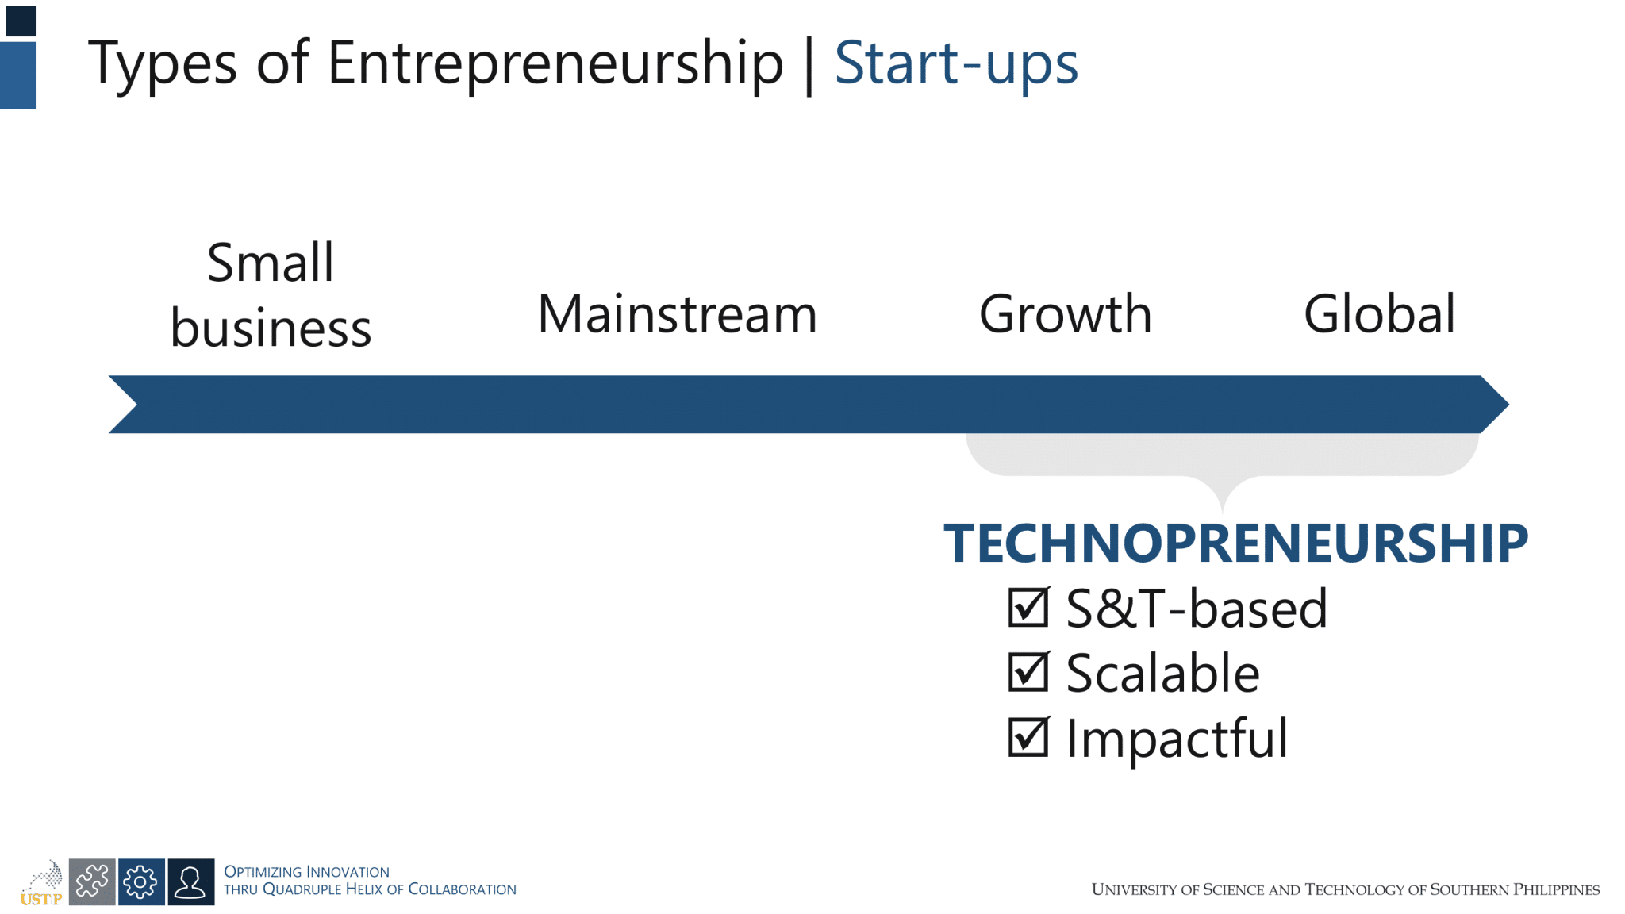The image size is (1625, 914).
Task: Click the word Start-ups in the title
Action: (955, 63)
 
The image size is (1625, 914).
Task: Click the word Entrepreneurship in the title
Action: (555, 63)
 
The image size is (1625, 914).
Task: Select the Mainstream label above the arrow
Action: (677, 314)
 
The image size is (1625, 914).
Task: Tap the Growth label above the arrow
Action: (1065, 314)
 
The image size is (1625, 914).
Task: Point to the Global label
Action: (1379, 314)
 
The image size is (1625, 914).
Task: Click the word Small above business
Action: (271, 263)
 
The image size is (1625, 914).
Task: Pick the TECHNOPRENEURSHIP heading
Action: (1235, 544)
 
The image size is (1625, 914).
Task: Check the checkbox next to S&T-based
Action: (1028, 608)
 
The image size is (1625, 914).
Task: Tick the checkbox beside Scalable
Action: (1028, 673)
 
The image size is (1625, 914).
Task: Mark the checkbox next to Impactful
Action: (1028, 738)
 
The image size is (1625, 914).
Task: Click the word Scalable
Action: (1162, 674)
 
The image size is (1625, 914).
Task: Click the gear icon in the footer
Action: (141, 881)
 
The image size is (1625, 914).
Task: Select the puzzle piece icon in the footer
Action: (92, 881)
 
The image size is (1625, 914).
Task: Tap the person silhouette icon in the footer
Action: (190, 881)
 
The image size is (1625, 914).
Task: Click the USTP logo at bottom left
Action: (42, 883)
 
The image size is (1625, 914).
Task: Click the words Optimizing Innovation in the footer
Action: (306, 871)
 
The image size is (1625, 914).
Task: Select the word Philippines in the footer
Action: (1556, 889)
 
